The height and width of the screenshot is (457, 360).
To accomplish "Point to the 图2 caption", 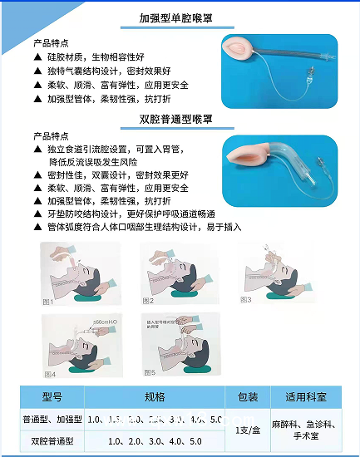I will pos(149,301).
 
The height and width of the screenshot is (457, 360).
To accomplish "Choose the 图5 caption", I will pos(150,372).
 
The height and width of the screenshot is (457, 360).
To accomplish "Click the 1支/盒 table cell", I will pos(248,429).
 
